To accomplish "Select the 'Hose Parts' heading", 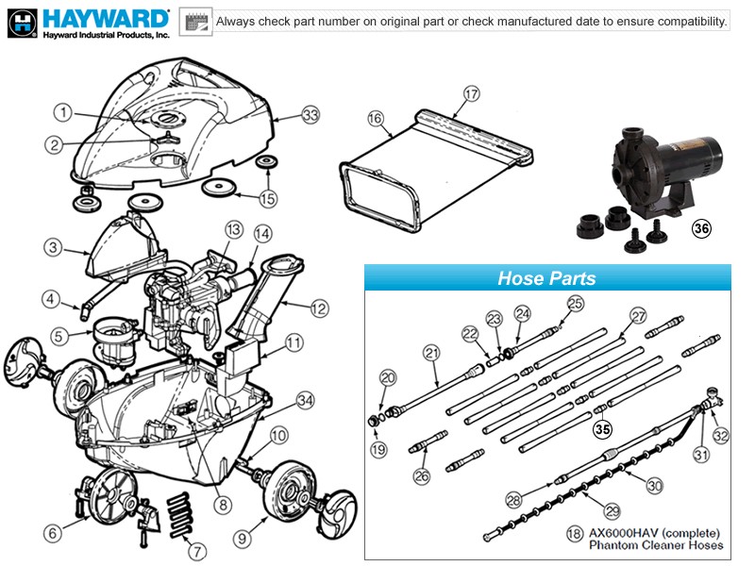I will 546,278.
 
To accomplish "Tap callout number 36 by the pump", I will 701,227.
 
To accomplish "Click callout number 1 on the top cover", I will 62,113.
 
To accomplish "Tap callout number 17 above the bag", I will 472,93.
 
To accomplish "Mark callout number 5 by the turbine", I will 59,334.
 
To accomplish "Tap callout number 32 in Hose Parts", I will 721,435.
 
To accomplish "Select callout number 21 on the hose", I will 432,353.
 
